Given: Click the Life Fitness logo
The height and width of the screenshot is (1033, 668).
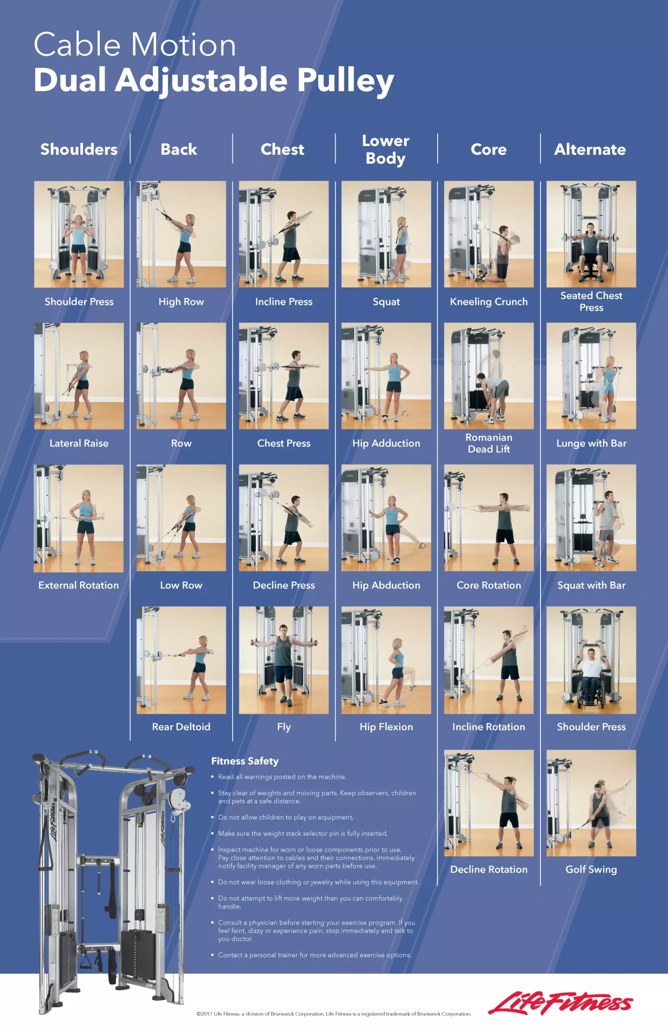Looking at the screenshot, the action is [560, 1003].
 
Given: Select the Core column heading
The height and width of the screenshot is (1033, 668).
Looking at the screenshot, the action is [489, 149].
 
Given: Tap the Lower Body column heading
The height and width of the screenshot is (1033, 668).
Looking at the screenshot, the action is [386, 149].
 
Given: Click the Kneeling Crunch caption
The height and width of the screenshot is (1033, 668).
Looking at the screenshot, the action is [489, 301].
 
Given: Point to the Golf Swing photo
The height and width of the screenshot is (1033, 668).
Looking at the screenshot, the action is [591, 803].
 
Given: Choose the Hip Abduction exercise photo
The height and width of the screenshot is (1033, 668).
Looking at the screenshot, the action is [386, 518].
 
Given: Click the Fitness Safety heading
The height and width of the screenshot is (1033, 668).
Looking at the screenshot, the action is [244, 761].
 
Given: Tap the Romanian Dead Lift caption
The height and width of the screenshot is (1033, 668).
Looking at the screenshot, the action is [489, 443].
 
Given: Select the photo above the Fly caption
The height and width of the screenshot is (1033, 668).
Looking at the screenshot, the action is [284, 660].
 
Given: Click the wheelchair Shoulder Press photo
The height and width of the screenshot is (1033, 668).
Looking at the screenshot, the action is [591, 660].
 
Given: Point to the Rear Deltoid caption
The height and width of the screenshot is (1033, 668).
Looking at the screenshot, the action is [181, 727].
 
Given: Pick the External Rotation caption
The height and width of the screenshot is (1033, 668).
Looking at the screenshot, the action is [79, 585].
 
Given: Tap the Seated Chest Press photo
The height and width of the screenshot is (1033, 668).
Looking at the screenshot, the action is [591, 234].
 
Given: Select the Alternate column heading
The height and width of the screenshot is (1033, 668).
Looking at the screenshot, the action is [590, 149].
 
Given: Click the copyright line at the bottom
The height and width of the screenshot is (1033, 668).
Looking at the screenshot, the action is [334, 1014].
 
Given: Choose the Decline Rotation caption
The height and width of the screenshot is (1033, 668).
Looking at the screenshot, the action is [489, 869].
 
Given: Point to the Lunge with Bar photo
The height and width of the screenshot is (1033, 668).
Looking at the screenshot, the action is [591, 376].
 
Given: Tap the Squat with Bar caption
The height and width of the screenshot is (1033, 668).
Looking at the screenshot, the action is [591, 585].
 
